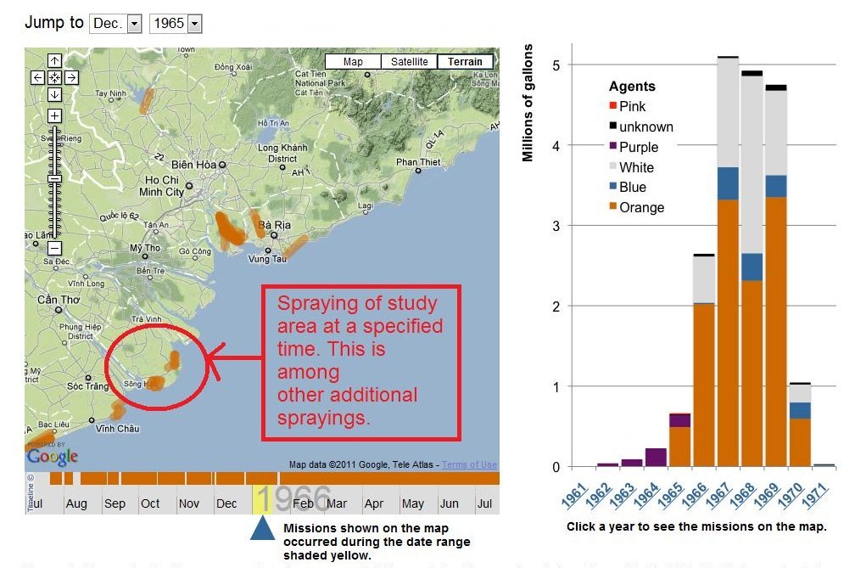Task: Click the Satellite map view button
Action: click(x=410, y=61)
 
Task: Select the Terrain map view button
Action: click(x=465, y=61)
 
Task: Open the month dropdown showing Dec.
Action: click(x=116, y=24)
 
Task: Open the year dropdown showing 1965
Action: click(x=176, y=24)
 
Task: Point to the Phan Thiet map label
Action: click(x=418, y=162)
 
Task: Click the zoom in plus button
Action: click(x=54, y=115)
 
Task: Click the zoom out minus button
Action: click(x=54, y=248)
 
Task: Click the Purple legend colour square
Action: click(x=613, y=147)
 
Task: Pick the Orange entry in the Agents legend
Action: click(x=641, y=207)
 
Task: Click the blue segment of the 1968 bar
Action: click(x=752, y=267)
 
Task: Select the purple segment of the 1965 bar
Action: click(x=679, y=420)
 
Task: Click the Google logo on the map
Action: click(x=52, y=456)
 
